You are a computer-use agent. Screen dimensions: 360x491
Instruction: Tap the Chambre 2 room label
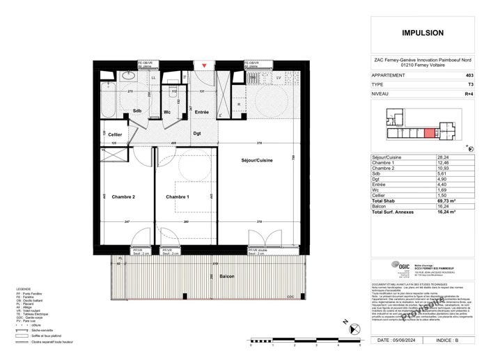pyautogui.click(x=123, y=196)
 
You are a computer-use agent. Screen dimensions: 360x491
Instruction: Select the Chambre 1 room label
pyautogui.click(x=178, y=197)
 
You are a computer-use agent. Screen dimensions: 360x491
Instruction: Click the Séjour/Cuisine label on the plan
pyautogui.click(x=257, y=161)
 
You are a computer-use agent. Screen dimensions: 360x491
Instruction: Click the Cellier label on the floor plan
pyautogui.click(x=105, y=134)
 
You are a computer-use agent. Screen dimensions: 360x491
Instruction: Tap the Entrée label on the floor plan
pyautogui.click(x=202, y=113)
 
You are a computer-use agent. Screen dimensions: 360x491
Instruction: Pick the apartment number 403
pyautogui.click(x=469, y=75)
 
